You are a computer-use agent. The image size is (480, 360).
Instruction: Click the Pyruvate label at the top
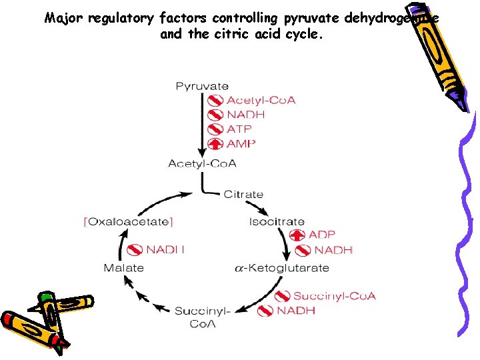pos(202,86)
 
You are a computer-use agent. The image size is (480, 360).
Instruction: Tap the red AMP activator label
pos(241,143)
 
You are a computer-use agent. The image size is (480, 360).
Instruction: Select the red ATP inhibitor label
pos(240,129)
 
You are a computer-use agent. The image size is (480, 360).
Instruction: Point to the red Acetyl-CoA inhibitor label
pos(261,101)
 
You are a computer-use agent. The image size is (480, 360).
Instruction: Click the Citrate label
pos(243,195)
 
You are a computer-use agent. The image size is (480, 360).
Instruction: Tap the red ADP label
pos(322,235)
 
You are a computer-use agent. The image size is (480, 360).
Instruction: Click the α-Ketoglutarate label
pos(282,268)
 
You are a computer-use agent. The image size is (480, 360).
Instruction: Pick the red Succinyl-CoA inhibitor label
pos(335,296)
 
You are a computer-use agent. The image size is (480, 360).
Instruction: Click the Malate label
pos(123,268)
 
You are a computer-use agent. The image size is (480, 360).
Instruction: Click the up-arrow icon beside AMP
pos(215,143)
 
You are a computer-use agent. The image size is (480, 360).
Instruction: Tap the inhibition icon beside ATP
pos(215,129)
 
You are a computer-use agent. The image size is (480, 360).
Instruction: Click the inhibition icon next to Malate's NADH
pos(135,250)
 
